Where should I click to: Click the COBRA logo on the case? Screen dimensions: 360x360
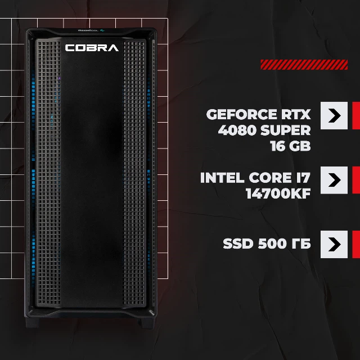tap(92, 48)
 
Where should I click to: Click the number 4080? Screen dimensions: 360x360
tap(237, 130)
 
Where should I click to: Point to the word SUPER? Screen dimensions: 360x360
tap(286, 130)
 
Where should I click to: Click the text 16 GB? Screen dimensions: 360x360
tap(290, 146)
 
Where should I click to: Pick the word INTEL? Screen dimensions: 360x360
tap(222, 178)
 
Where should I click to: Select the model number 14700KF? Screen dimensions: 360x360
tap(278, 193)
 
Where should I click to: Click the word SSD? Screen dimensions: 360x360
tap(238, 244)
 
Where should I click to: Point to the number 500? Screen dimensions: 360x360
tap(272, 244)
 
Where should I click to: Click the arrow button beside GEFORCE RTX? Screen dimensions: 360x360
tap(334, 115)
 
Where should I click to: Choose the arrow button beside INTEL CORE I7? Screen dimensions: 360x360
tap(334, 180)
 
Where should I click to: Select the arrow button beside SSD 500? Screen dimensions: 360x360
tap(334, 244)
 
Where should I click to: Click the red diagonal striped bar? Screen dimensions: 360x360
tap(304, 65)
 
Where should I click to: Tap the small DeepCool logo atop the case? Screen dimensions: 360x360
tap(91, 30)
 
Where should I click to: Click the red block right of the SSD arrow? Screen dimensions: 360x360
tap(356, 244)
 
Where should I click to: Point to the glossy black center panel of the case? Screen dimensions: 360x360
tap(92, 174)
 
